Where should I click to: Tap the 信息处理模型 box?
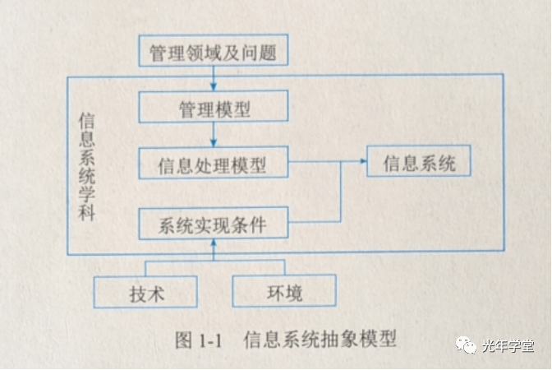213,164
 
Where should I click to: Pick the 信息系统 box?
419,162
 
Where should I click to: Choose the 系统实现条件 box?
213,224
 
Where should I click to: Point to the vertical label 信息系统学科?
86,165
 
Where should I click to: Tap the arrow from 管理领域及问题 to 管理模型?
213,80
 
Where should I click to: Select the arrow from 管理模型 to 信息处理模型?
213,137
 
